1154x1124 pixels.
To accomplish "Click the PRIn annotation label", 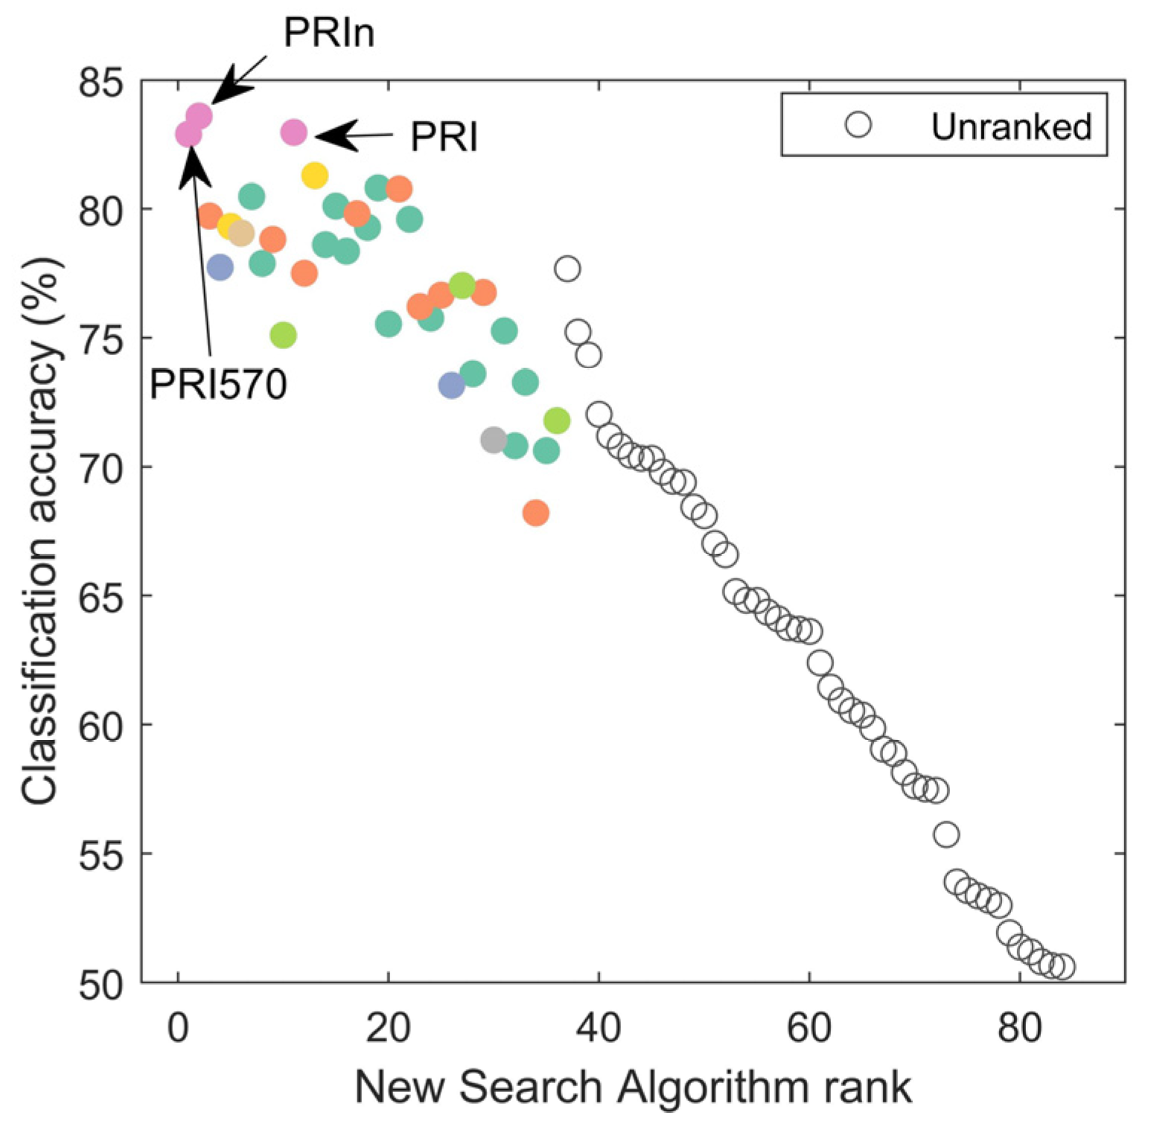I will point(328,33).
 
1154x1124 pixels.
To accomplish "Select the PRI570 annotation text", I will point(218,385).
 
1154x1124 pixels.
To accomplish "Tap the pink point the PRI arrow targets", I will point(294,133).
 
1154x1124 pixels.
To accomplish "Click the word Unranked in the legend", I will point(1011,127).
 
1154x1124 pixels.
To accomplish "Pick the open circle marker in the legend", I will point(858,125).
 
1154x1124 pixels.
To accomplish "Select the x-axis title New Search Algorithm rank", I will point(633,1088).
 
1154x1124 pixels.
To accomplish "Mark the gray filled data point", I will point(494,440).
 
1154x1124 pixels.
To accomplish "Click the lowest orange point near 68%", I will point(536,513).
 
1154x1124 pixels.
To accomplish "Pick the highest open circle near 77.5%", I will point(567,269).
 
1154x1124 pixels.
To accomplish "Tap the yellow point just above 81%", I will point(315,176).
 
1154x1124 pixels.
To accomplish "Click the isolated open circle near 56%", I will point(946,835).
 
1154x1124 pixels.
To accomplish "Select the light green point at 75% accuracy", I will point(283,336).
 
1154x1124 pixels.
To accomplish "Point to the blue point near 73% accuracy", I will point(451,386).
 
